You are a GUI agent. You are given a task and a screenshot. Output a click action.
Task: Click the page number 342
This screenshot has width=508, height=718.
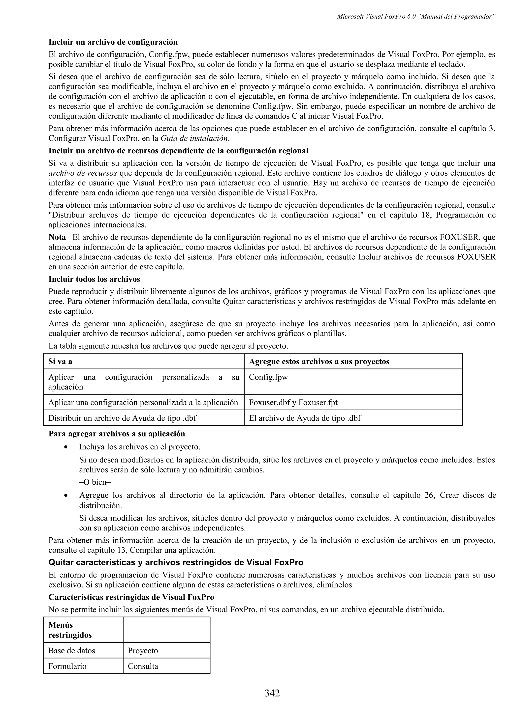tap(272, 693)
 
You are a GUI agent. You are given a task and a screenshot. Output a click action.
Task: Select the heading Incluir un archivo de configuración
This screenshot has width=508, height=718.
tap(113, 42)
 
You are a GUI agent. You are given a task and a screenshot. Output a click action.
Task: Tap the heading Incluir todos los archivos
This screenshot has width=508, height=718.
tap(94, 279)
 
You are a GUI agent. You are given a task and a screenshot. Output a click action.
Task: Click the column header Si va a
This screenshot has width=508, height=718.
tap(61, 361)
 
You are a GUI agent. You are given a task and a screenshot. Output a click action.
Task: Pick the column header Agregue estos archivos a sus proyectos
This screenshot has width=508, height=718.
tap(319, 361)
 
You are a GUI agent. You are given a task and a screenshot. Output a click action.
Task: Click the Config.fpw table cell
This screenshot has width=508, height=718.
tap(268, 377)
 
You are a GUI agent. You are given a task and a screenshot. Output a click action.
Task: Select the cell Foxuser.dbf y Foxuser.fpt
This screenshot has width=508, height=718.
tap(293, 402)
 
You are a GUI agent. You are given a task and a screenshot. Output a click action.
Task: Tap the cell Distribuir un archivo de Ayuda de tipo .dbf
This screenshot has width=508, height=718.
tap(122, 418)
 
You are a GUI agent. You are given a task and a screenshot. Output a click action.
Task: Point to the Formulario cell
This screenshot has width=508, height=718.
tap(67, 666)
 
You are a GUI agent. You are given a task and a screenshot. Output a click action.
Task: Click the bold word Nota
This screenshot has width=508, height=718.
tap(57, 237)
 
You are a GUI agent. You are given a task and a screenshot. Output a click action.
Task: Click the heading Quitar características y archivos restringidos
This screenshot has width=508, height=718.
tap(176, 563)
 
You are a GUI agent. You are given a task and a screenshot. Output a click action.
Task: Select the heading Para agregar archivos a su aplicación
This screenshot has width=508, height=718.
tap(117, 434)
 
